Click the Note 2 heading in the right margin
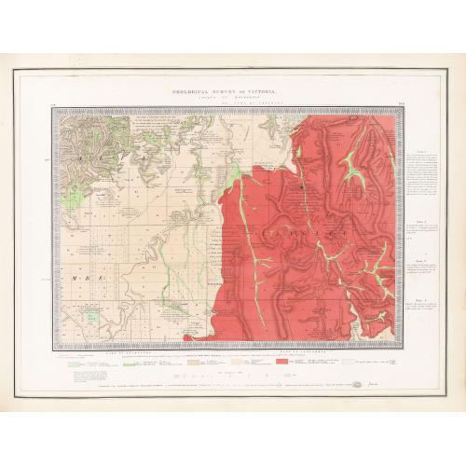pyautogui.click(x=421, y=220)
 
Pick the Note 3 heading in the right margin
pyautogui.click(x=421, y=261)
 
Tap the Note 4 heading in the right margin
pyautogui.click(x=421, y=297)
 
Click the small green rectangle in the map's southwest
pyautogui.click(x=91, y=316)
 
